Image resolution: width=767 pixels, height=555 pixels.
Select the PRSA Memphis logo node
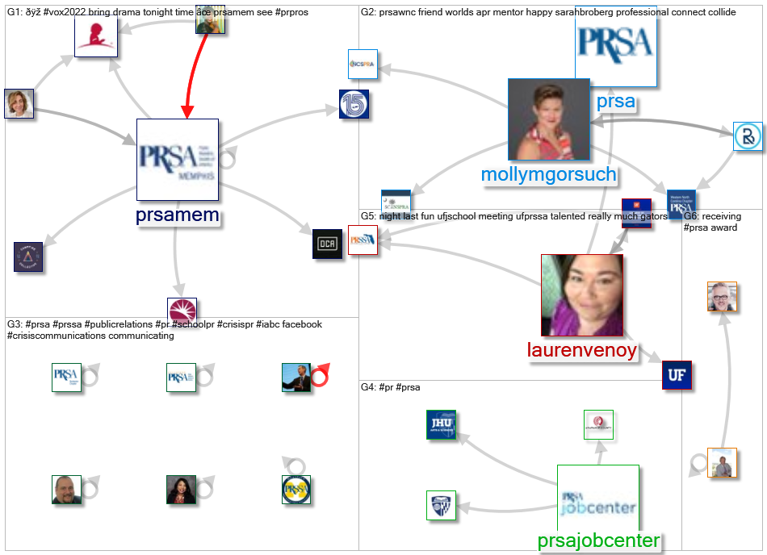pos(178,159)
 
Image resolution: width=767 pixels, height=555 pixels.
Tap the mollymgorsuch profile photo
pos(548,119)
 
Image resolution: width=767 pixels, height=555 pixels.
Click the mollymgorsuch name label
pos(548,174)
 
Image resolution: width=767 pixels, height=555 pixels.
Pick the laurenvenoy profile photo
pos(581,294)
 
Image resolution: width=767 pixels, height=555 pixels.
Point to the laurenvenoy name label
pos(581,350)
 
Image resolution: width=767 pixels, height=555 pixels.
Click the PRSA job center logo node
pos(598,504)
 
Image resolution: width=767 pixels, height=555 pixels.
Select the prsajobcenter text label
pos(598,540)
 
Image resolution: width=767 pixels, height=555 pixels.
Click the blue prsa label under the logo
pos(615,102)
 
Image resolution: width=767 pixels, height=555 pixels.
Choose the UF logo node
pos(677,376)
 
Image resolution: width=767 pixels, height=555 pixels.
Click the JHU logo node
pos(442,425)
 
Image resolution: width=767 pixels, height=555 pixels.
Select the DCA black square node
pos(328,244)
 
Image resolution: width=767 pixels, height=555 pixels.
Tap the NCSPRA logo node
pos(363,64)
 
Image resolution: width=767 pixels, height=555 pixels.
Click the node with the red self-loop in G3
pos(296,377)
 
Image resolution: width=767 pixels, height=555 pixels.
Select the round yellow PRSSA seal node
pos(296,490)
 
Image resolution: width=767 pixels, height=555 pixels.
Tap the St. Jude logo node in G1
pos(95,37)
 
